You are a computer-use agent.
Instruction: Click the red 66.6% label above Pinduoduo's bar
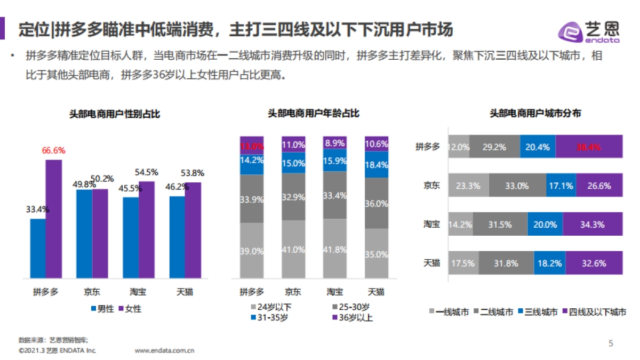click(53, 150)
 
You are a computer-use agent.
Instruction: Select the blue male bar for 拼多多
click(37, 249)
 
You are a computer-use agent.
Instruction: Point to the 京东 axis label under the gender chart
click(92, 292)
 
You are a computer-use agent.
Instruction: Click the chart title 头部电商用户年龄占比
click(313, 114)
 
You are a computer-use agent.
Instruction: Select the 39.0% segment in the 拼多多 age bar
click(251, 251)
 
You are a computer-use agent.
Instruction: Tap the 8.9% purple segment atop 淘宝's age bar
click(334, 142)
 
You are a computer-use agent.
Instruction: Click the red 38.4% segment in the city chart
click(589, 147)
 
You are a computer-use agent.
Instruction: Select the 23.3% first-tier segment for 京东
click(468, 186)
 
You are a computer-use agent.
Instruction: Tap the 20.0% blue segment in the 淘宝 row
click(545, 225)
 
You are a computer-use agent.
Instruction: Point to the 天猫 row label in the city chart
click(431, 263)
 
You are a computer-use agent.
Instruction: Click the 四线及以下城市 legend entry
click(593, 312)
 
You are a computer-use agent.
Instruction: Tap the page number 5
click(611, 343)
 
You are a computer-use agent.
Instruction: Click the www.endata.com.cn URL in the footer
click(164, 351)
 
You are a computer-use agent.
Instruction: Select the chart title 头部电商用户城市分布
click(535, 114)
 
